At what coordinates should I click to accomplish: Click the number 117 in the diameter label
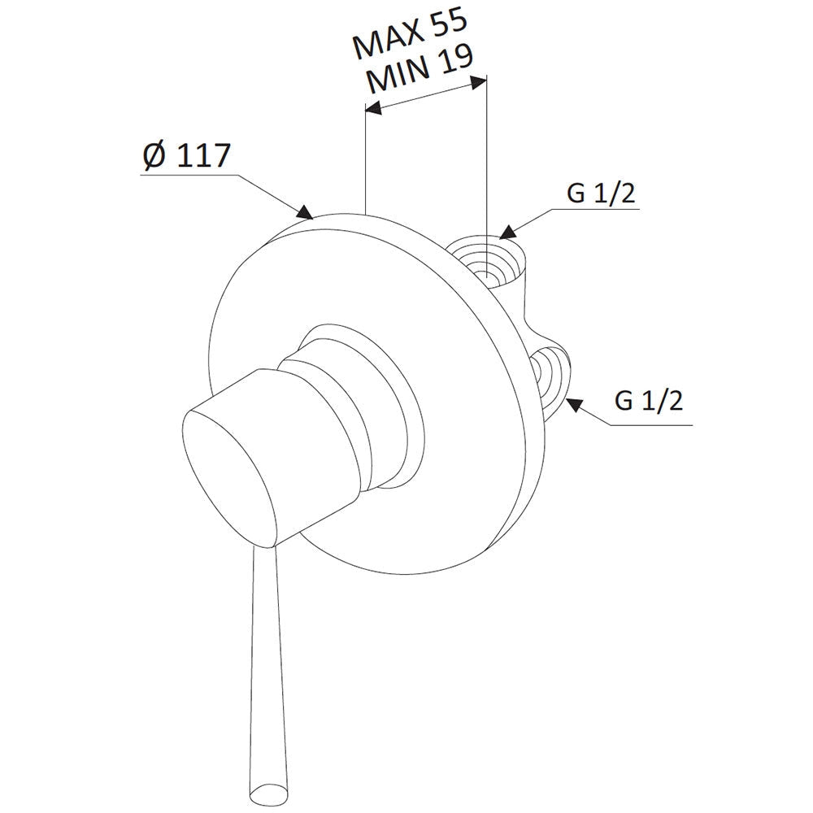(202, 154)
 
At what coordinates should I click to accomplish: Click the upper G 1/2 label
(601, 194)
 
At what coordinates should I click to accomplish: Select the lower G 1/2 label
(649, 401)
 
